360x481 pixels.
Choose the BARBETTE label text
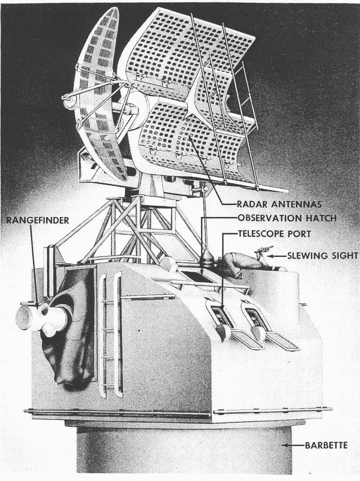(x=326, y=445)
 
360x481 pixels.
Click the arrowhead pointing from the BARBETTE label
(x=287, y=445)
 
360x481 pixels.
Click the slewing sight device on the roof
(x=263, y=251)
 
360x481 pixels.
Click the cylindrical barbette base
(x=178, y=450)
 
